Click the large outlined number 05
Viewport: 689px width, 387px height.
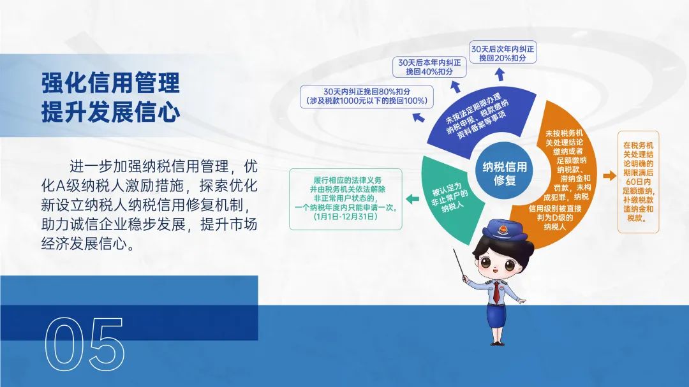pos(84,344)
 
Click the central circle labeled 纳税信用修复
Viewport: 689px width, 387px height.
pos(504,173)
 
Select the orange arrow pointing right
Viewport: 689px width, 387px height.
pos(610,176)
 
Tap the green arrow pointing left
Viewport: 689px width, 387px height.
pos(412,199)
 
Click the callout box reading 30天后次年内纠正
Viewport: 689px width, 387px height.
pos(503,53)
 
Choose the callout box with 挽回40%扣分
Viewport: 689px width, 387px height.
pos(429,67)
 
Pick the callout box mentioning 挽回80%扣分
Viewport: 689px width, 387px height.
pos(366,96)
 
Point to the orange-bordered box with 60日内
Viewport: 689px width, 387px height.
pos(638,182)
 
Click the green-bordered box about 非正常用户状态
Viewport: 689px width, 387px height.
pos(345,199)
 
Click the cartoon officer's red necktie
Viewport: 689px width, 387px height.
pos(496,292)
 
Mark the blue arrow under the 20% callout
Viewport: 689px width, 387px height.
pos(500,74)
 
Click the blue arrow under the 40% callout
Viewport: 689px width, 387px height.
pos(456,85)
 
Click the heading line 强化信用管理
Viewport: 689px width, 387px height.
pos(111,83)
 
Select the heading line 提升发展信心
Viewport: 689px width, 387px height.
pos(111,112)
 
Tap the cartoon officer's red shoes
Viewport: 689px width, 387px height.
pos(497,342)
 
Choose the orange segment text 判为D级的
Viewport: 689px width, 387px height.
pos(555,217)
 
